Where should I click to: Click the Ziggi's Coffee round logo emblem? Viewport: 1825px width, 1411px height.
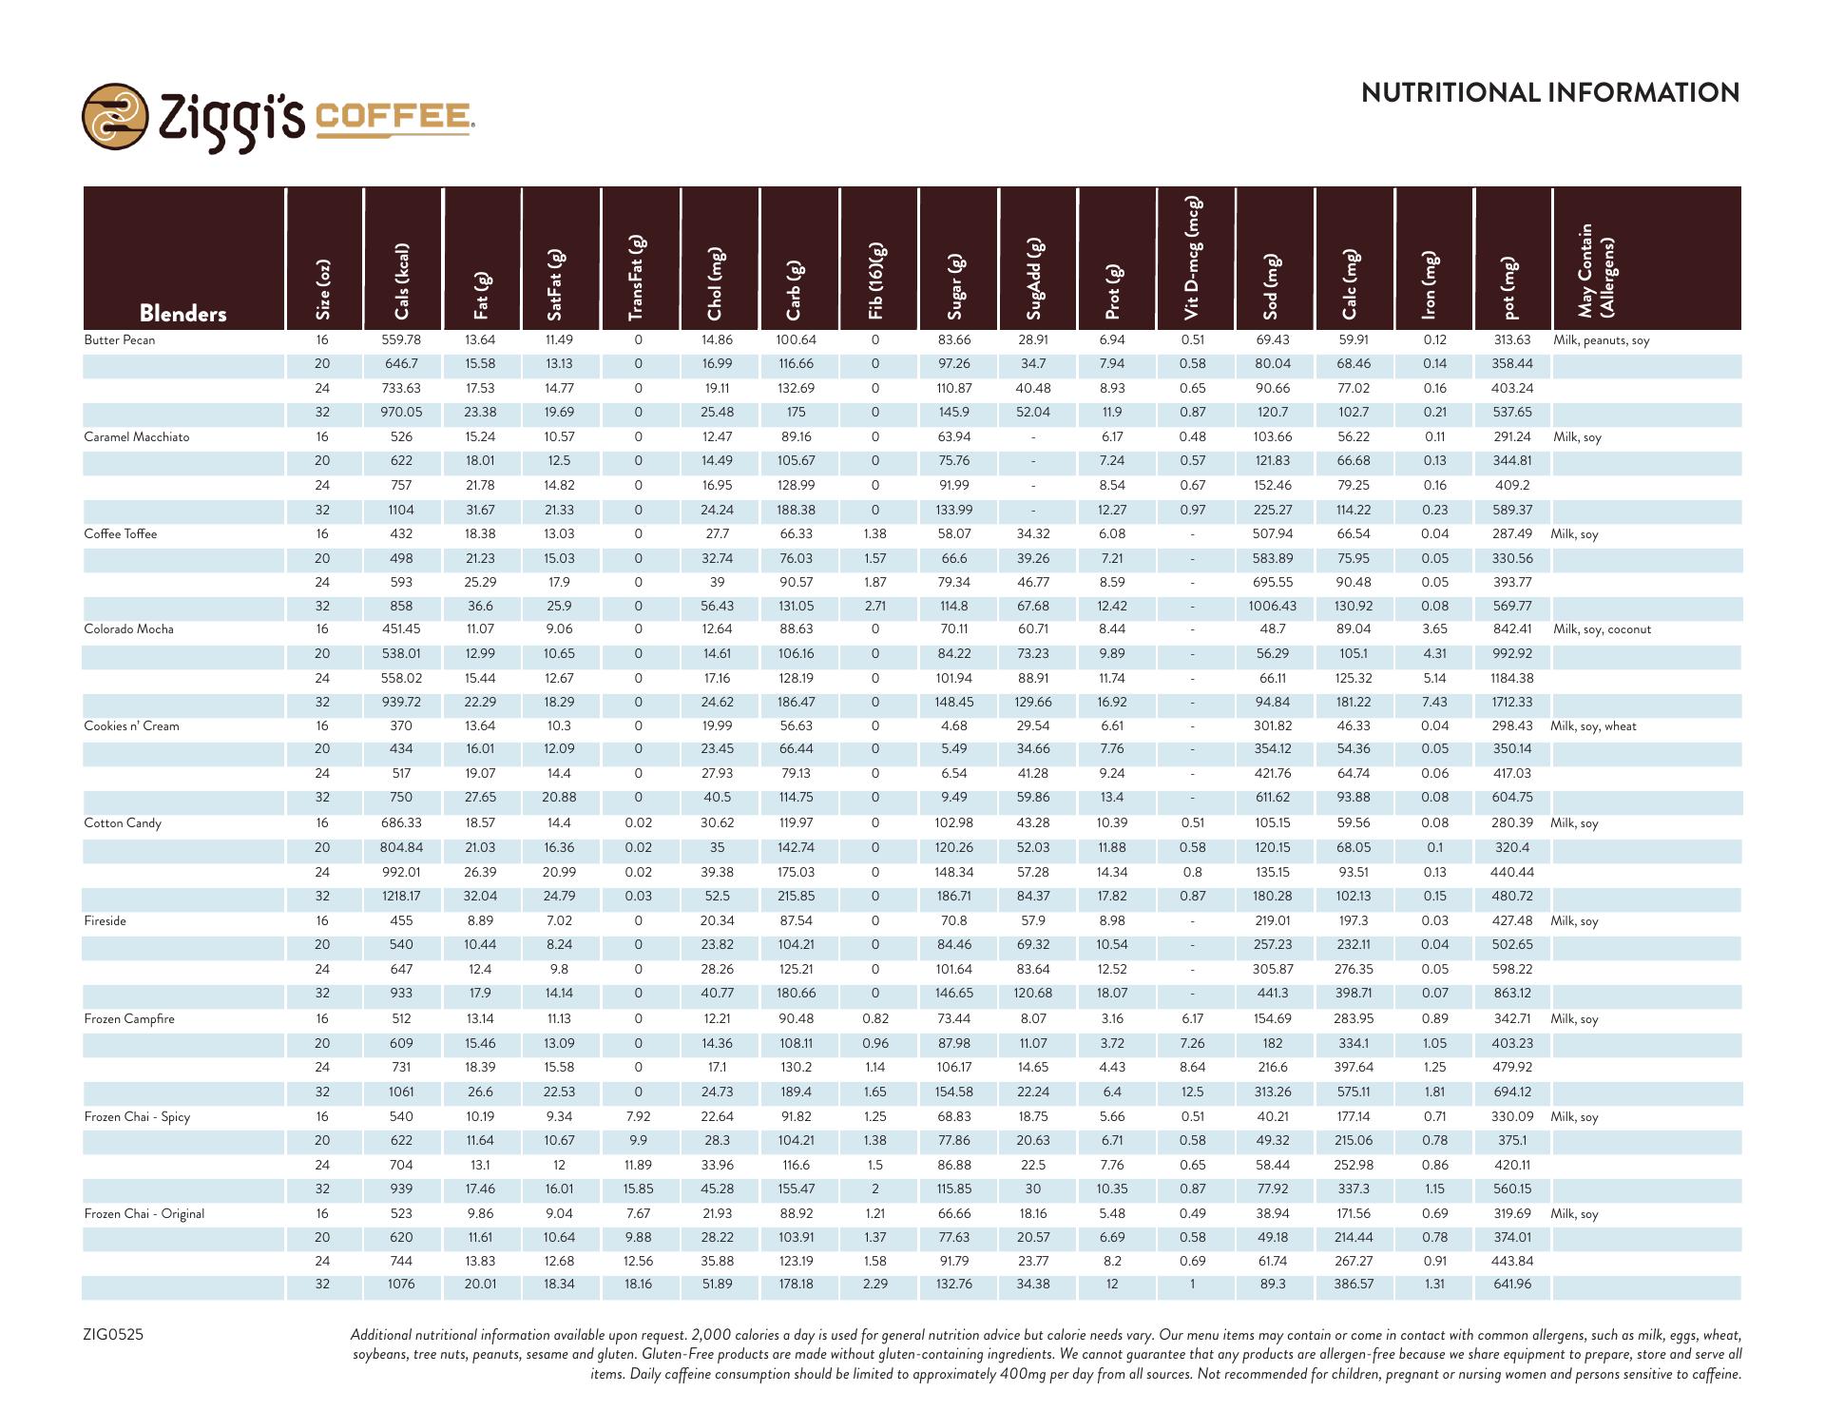115,116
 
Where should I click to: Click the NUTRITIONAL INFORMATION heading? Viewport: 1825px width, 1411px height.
1549,93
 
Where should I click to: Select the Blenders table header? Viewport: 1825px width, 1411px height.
182,314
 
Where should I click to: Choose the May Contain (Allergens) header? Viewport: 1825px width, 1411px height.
1595,270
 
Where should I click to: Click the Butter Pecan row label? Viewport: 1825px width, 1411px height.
120,340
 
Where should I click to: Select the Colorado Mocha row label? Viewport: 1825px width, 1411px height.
128,629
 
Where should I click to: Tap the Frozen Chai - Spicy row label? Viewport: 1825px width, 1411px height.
137,1117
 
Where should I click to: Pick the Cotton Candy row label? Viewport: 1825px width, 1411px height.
123,823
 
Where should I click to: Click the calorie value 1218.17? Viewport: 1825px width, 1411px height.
401,897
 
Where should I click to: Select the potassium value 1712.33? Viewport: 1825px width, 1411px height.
1511,703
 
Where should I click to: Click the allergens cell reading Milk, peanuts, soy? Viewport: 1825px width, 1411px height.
1601,340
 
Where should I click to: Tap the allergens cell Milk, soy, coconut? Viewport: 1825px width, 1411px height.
1602,629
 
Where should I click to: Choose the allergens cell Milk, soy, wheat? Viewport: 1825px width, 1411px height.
1593,726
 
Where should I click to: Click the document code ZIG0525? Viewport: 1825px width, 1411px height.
113,1335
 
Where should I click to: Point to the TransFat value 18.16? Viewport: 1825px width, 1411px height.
638,1285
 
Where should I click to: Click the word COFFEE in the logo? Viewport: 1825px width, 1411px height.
393,117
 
